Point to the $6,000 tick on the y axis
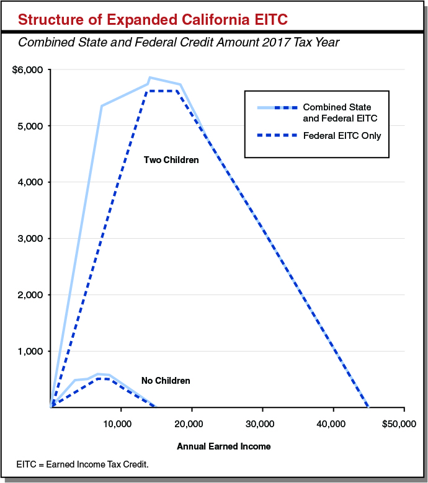(x=27, y=69)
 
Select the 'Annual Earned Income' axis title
(x=224, y=446)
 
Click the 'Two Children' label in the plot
(x=171, y=160)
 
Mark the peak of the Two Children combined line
(x=149, y=78)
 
